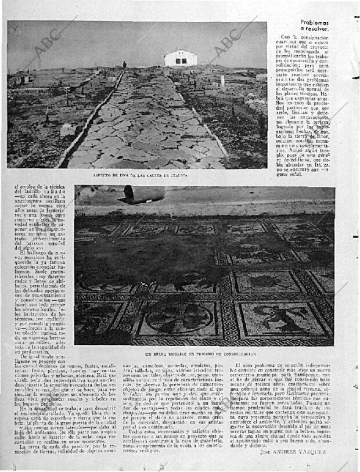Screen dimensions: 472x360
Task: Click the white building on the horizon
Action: pos(180,58)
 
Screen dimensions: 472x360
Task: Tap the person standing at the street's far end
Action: pos(124,65)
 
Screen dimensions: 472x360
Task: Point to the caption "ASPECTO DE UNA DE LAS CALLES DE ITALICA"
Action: pos(140,175)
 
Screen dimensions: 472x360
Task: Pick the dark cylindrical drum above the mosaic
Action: pos(142,194)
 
